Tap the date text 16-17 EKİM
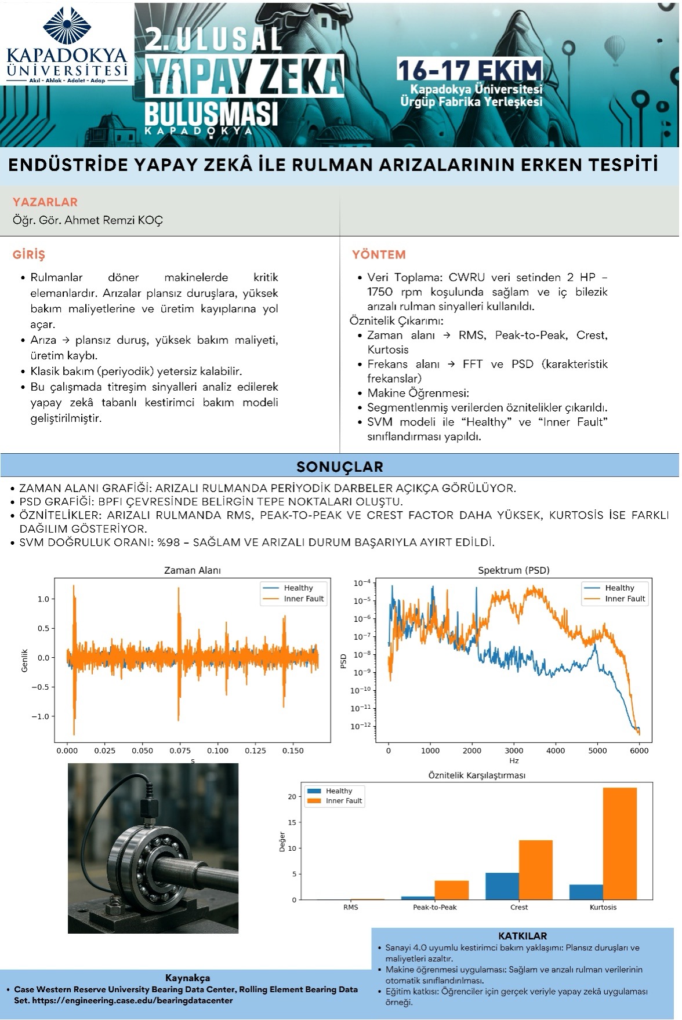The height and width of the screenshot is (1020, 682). pos(470,70)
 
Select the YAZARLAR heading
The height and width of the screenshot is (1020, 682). pos(45,202)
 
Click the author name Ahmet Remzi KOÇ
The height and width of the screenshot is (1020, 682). pos(113,220)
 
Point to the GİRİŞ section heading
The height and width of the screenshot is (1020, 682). pos(29,255)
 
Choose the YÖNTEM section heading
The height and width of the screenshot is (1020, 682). pos(379,255)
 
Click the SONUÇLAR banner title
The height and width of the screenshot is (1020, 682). pos(340,467)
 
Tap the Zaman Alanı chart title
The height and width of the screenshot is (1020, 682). pos(193,570)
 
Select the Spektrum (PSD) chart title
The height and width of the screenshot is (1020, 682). pos(513,570)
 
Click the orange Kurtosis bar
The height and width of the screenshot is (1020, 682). pos(619,843)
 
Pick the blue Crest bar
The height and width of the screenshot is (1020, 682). pos(502,886)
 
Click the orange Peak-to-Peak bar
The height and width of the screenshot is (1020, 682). pos(451,890)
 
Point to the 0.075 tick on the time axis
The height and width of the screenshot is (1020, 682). pos(180,751)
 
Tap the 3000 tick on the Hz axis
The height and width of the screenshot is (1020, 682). pos(514,751)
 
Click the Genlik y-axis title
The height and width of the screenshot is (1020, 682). pos(24,661)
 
